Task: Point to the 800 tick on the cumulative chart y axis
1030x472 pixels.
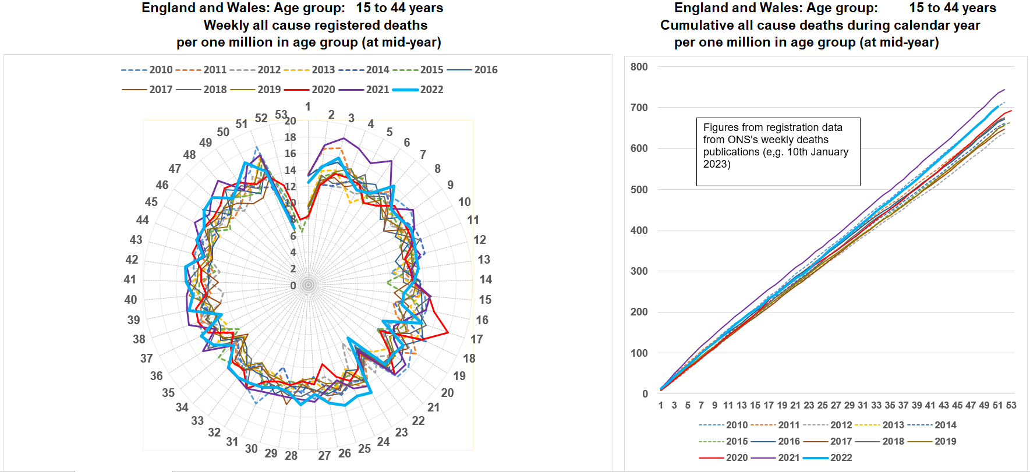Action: pos(639,67)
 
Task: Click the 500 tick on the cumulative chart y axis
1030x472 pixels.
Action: pos(639,190)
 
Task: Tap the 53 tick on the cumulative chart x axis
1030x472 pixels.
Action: pos(1011,405)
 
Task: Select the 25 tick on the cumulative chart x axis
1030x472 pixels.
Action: pos(822,405)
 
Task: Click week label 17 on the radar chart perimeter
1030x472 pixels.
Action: pos(477,339)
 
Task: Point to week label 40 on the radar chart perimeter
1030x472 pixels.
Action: pos(130,300)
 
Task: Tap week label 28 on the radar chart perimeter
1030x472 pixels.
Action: pos(291,455)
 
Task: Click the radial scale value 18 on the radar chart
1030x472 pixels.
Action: pos(290,137)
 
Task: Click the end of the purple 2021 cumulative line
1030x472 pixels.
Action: pos(1004,90)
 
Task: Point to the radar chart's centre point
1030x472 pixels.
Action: pos(308,285)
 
